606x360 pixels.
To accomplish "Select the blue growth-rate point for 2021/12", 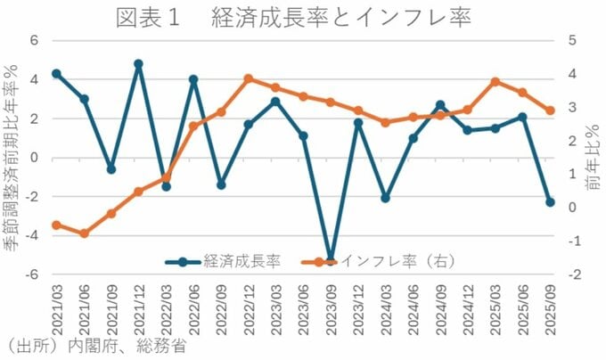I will (138, 64).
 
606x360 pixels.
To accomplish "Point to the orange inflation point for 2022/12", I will (249, 78).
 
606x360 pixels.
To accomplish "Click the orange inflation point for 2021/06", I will (84, 233).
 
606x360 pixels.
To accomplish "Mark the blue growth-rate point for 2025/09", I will (550, 202).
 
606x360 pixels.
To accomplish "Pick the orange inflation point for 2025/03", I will (495, 82).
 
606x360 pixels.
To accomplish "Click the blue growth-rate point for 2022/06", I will (193, 79).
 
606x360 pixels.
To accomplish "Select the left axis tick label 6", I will (35, 40).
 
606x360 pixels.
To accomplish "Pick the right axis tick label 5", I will (571, 40).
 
